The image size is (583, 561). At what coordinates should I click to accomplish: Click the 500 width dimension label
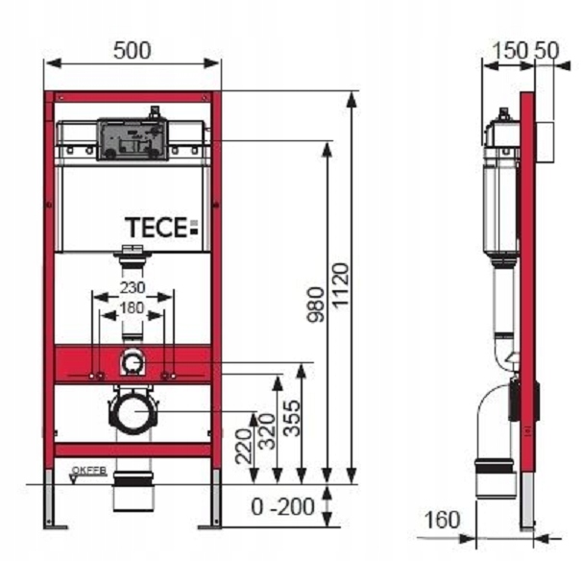(133, 51)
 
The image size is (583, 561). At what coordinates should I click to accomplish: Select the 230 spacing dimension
(133, 286)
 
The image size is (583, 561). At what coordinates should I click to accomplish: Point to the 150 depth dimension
(504, 51)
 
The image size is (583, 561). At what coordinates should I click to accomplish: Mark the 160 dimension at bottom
(441, 521)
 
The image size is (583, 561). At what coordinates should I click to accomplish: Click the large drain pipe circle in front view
(133, 412)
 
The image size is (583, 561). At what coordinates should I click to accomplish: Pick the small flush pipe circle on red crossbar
(133, 363)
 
